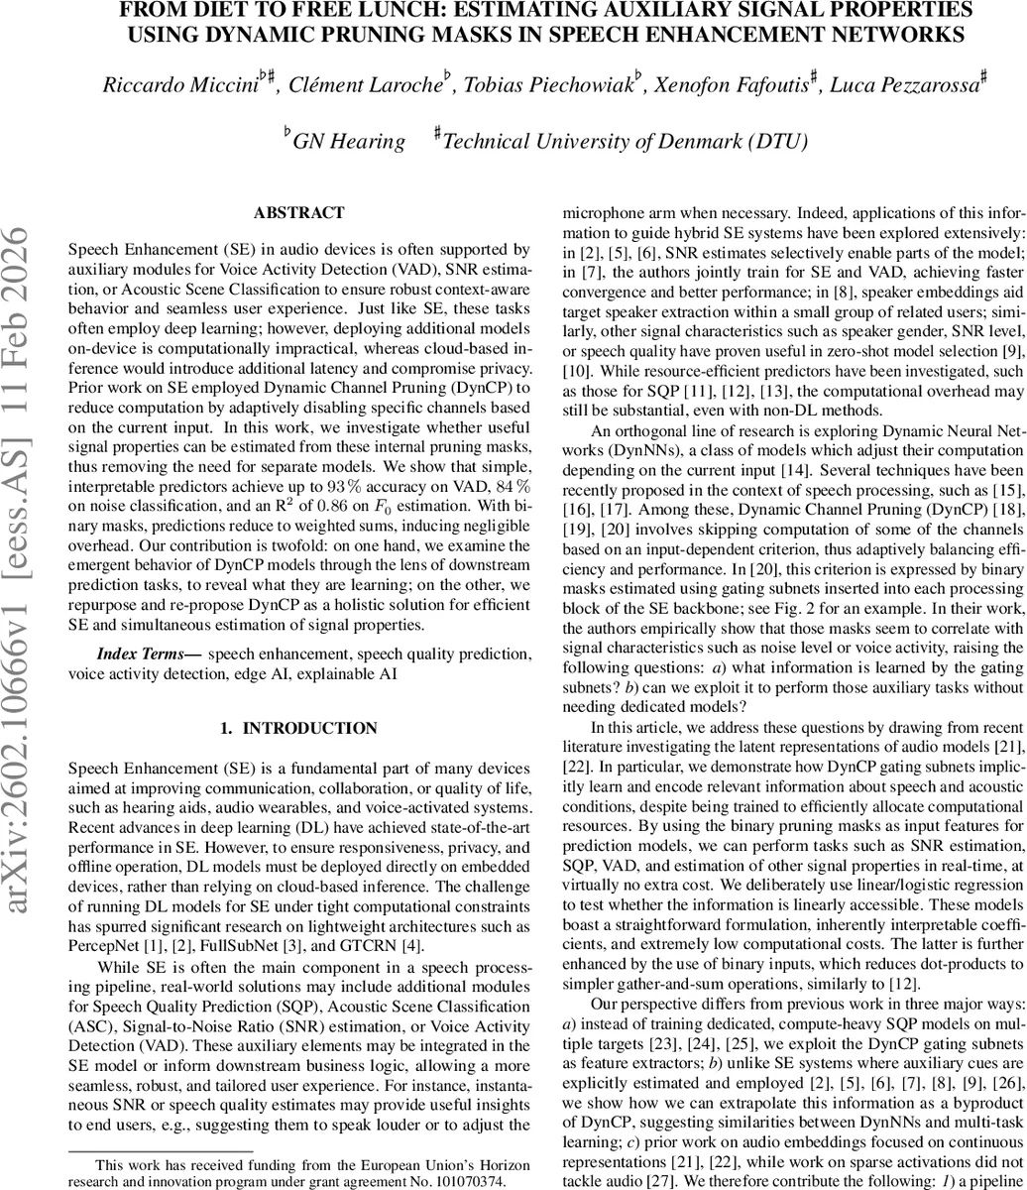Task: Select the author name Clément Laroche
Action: click(362, 85)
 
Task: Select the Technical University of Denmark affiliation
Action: click(625, 142)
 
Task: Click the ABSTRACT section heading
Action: click(298, 213)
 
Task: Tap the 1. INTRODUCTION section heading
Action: click(298, 729)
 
